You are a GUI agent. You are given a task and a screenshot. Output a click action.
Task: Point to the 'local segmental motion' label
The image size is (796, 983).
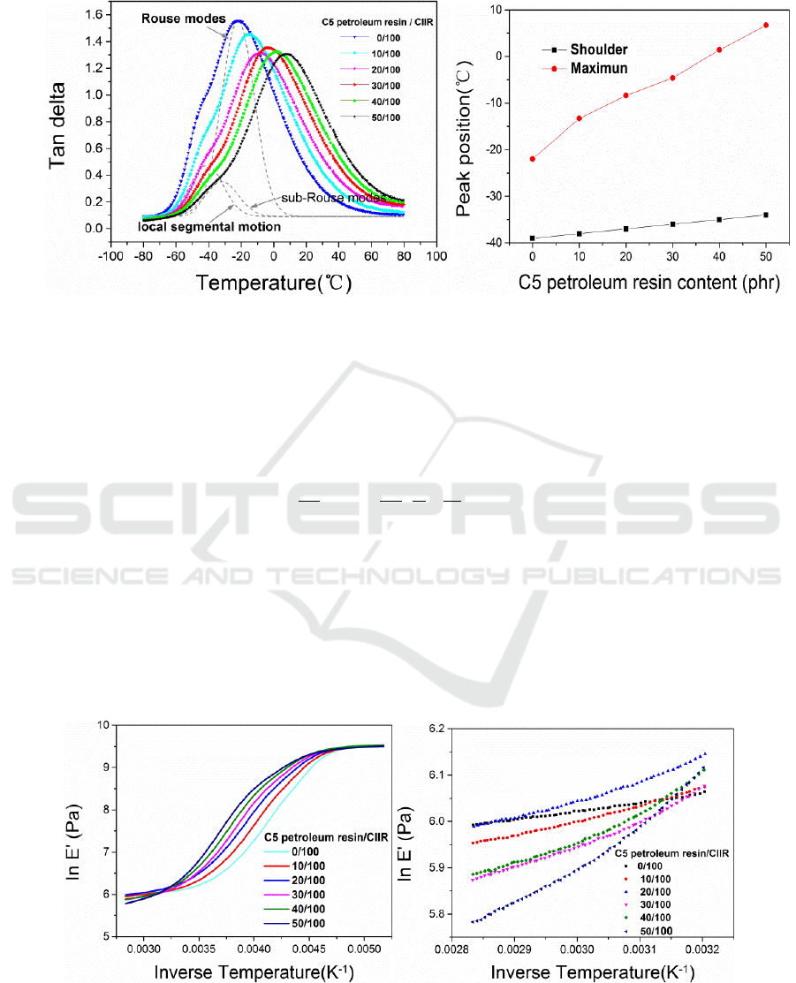tap(209, 227)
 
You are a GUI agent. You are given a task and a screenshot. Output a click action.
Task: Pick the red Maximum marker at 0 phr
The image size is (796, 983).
tap(533, 159)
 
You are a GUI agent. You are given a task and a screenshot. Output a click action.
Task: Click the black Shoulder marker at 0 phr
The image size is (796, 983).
tap(533, 238)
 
